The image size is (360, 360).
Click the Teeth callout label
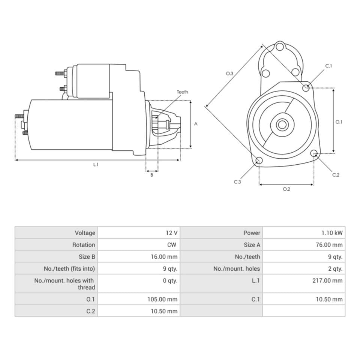coord(182,92)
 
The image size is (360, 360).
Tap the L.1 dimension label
coord(96,164)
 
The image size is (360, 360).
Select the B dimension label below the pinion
coord(151,175)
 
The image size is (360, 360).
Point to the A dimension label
coord(196,124)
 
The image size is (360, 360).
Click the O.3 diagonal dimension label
coord(229,74)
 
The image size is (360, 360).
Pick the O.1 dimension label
coord(339,122)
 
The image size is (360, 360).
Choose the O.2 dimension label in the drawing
coord(286,189)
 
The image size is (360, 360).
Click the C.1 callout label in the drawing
coord(328,66)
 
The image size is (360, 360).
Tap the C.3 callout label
coord(237,182)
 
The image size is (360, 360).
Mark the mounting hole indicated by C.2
coord(314,153)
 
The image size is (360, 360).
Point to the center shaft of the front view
coord(282,124)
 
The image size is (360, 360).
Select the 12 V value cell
coord(171,233)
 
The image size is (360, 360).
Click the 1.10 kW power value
coord(332,233)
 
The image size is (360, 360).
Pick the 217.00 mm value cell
coord(327,280)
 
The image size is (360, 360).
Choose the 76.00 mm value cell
coord(329,245)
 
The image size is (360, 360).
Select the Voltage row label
coord(85,233)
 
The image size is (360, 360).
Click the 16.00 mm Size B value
coord(163,257)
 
